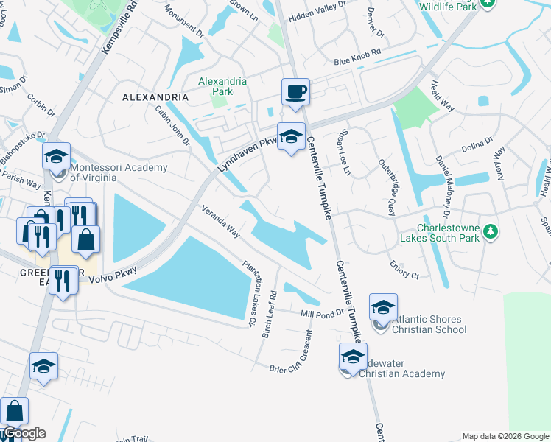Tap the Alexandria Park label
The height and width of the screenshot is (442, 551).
click(x=215, y=86)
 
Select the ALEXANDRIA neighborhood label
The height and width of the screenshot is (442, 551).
click(x=155, y=97)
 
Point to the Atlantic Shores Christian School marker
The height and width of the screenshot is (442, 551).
click(x=383, y=308)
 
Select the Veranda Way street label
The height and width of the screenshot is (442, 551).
click(x=221, y=221)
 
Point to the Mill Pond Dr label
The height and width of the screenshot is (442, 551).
click(x=323, y=313)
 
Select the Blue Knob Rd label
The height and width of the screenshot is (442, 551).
click(x=357, y=57)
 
